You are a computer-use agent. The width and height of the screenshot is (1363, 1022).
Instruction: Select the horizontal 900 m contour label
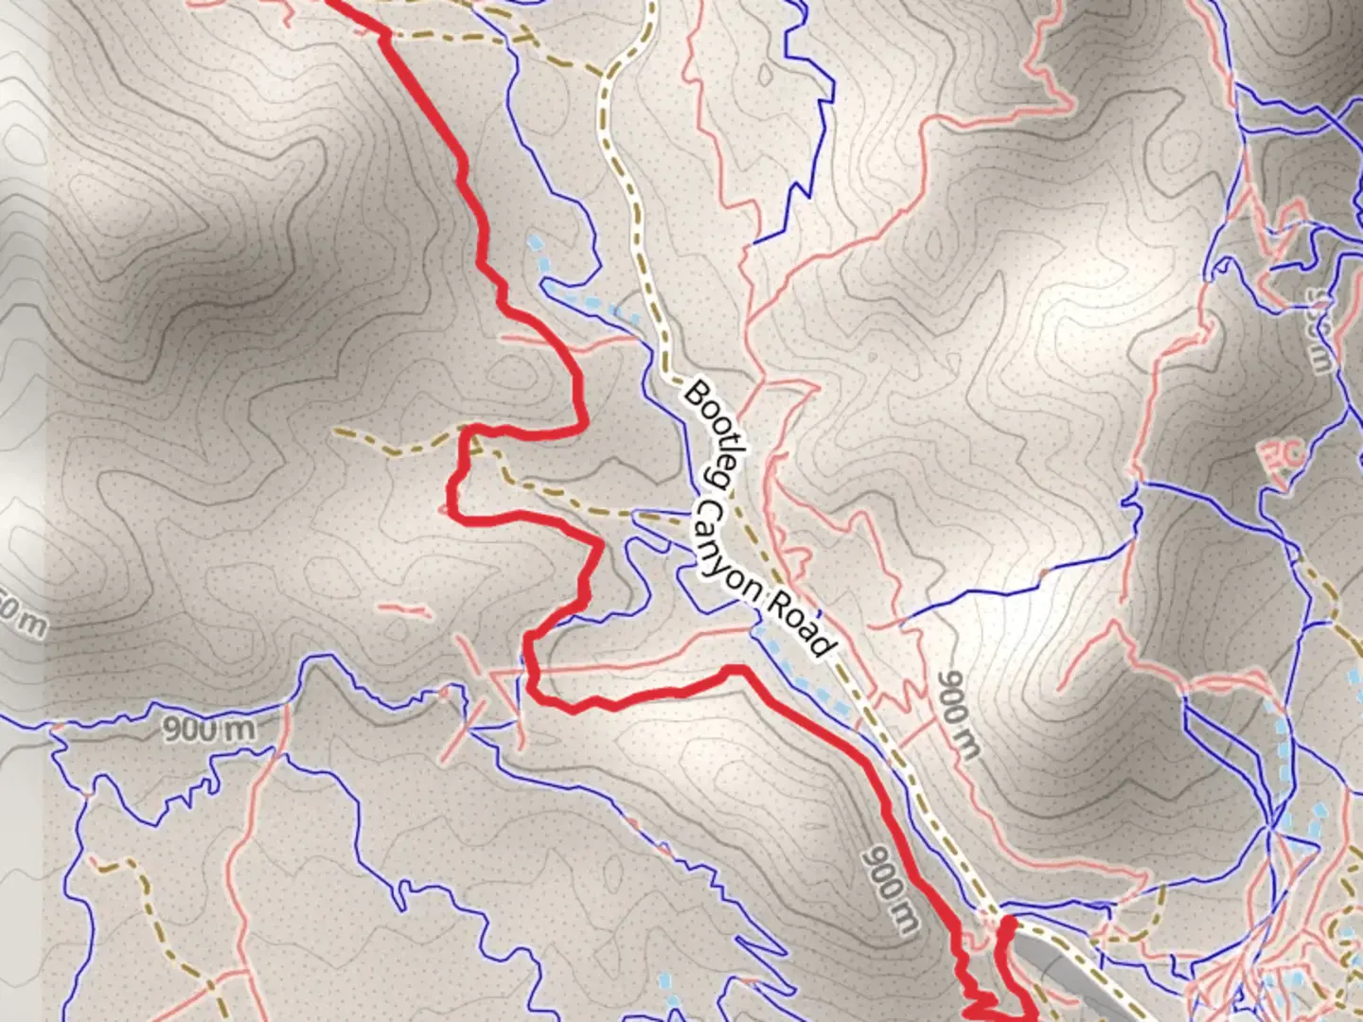click(x=208, y=729)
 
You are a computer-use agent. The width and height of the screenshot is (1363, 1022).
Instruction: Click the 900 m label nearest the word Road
click(x=958, y=714)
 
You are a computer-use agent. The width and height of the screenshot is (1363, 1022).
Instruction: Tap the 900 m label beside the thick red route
click(x=890, y=890)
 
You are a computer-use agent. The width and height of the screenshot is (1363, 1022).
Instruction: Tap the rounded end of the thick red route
click(x=1009, y=922)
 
